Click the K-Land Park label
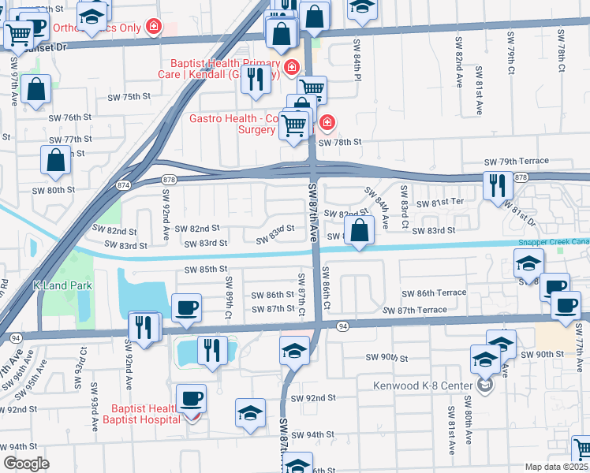[62, 285]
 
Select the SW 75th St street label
[129, 97]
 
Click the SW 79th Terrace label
[516, 161]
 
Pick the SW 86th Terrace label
[434, 292]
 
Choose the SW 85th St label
[206, 270]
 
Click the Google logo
[26, 464]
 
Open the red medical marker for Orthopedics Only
[154, 28]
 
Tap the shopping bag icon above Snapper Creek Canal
[360, 232]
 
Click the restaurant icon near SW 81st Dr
[497, 185]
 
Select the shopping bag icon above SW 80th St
[56, 159]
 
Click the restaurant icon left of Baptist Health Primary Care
[255, 80]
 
